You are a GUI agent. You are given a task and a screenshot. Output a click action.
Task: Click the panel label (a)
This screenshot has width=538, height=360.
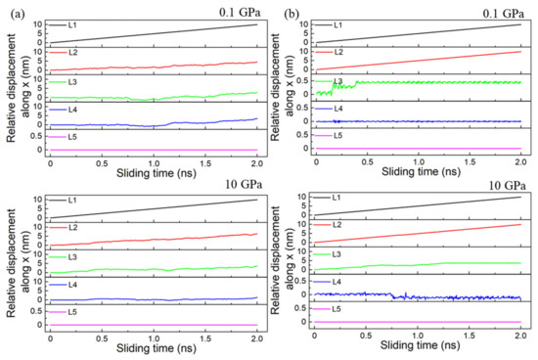pos(18,15)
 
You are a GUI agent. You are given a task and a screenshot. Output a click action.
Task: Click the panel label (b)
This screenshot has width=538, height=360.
pos(291,15)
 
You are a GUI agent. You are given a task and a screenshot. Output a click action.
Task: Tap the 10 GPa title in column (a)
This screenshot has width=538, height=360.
pos(244,184)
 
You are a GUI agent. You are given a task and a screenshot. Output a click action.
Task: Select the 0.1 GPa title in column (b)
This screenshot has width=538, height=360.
pos(504,13)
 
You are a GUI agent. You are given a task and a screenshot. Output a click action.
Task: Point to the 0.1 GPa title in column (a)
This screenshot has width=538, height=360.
pos(241,13)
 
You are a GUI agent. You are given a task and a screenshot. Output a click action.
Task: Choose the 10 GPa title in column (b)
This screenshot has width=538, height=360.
pos(508,186)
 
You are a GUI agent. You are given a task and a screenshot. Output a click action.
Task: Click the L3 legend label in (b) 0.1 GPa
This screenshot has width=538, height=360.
pos(338,81)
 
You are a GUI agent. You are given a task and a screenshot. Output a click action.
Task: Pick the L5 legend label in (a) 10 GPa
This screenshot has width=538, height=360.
pos(72,312)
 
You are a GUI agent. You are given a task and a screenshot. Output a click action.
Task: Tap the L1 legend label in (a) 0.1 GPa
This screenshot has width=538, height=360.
pos(72,25)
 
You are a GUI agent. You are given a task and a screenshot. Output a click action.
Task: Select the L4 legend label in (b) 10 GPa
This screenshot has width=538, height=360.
pos(336,282)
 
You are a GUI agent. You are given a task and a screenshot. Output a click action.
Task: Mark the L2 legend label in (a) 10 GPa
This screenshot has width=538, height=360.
pos(72,228)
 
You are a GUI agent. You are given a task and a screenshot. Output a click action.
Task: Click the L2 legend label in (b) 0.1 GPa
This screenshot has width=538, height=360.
pos(338,52)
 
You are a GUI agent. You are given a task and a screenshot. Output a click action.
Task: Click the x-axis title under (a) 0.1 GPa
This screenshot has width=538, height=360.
pos(157,173)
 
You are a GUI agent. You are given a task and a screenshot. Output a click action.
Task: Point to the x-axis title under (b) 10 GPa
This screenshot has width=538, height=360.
pos(420,345)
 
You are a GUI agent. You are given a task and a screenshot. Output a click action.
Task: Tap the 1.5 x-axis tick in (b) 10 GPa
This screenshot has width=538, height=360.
pos(469,335)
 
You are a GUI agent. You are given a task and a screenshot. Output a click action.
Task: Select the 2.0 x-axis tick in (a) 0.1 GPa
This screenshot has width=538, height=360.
pos(257,163)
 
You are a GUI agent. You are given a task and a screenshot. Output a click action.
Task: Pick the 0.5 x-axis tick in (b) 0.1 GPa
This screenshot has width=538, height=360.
pos(368,161)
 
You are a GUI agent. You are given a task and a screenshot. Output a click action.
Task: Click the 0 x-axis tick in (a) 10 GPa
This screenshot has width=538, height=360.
pos(51,338)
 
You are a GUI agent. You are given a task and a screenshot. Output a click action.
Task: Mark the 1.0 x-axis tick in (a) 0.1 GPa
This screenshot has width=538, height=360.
pos(154,163)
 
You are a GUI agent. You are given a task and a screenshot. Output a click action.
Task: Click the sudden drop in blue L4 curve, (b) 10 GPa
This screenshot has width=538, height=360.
pos(393,295)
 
